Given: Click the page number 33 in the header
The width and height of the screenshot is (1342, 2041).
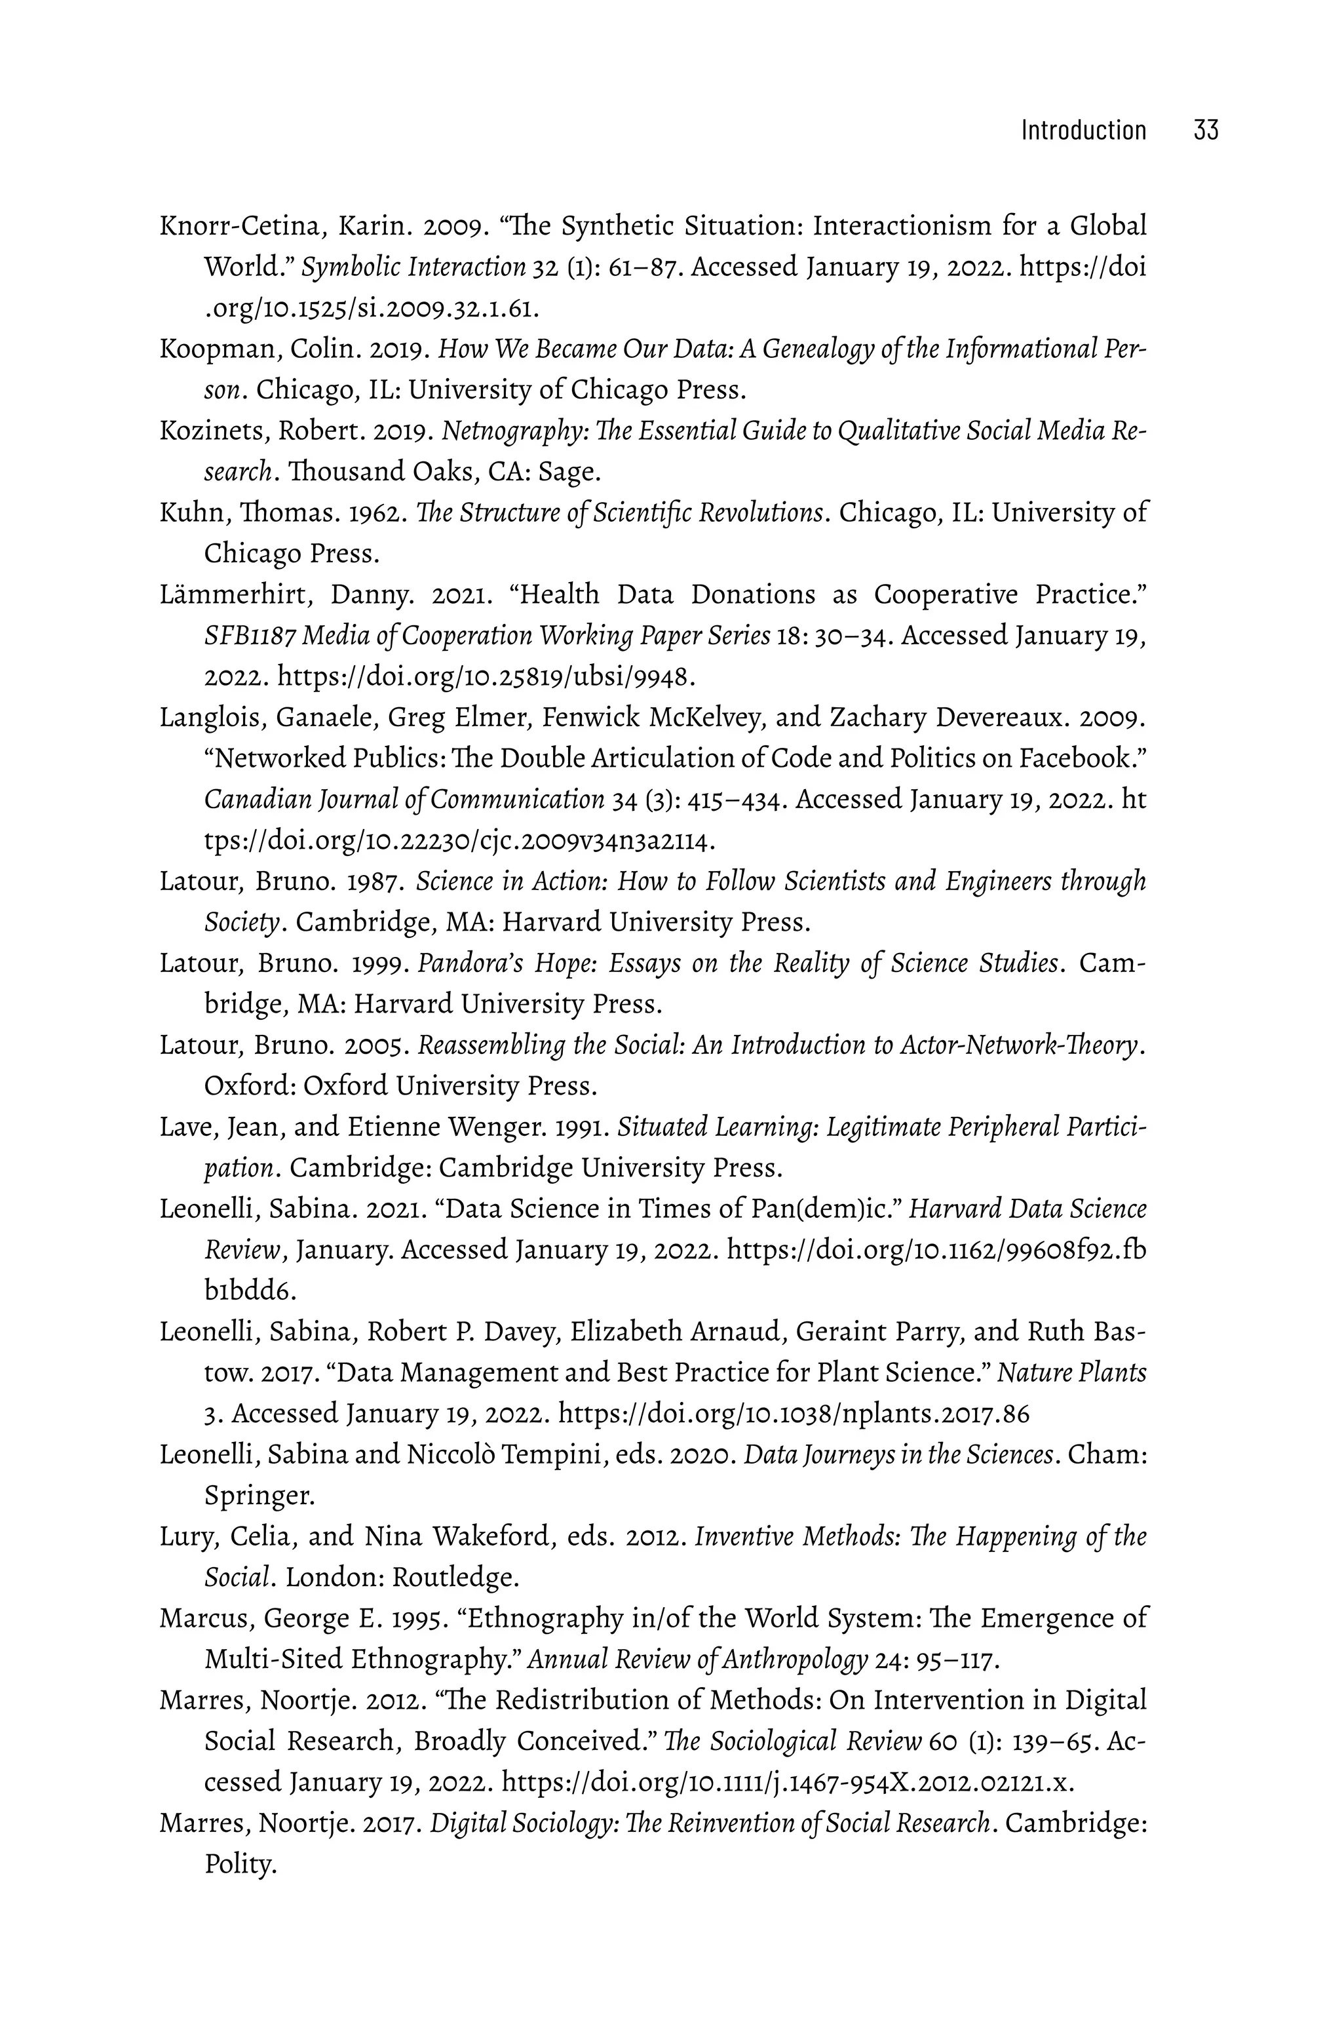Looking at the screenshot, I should point(1205,130).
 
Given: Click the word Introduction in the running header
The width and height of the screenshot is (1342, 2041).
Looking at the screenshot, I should point(1083,130).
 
